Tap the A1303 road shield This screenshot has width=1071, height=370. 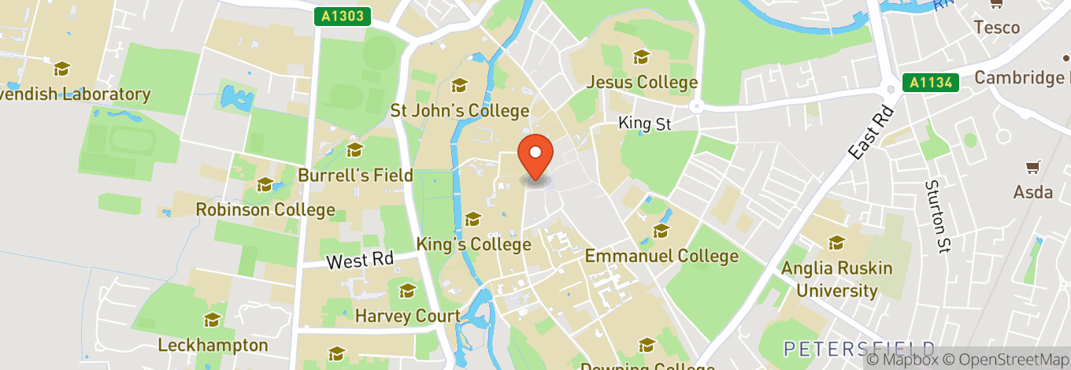[x=344, y=16]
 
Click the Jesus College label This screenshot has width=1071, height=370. [x=643, y=82]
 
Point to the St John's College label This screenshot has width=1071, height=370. [x=460, y=110]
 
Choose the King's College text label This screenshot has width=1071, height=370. [x=474, y=244]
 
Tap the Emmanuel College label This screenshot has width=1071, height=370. [x=661, y=256]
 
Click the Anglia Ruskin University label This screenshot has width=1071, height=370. [x=836, y=279]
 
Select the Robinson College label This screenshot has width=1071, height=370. [x=265, y=210]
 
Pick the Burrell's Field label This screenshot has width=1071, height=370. [x=355, y=175]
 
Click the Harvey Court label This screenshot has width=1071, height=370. [x=407, y=316]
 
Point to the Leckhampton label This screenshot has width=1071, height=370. [x=213, y=345]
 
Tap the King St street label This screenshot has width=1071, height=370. [x=645, y=123]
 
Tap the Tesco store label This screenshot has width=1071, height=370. [x=996, y=28]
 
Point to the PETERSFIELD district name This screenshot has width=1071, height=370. [x=859, y=349]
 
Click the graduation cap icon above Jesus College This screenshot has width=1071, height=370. [x=642, y=57]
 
